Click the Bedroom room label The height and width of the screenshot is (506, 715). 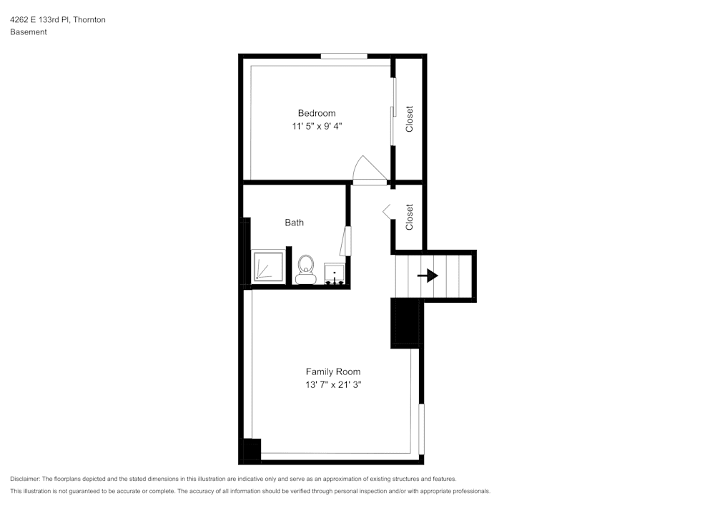tap(316, 113)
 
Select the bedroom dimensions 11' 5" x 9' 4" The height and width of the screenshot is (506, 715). tap(316, 126)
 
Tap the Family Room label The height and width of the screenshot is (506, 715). tap(333, 371)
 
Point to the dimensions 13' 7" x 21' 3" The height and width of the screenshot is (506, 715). tap(333, 385)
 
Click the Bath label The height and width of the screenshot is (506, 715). tap(294, 223)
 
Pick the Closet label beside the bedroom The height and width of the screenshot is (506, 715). tap(410, 119)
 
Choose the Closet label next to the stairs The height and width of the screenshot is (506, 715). tap(410, 217)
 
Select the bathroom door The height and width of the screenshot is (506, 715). tap(345, 240)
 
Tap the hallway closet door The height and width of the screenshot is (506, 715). tap(388, 210)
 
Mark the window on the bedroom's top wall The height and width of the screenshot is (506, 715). tap(344, 56)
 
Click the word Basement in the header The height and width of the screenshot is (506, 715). tap(29, 32)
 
